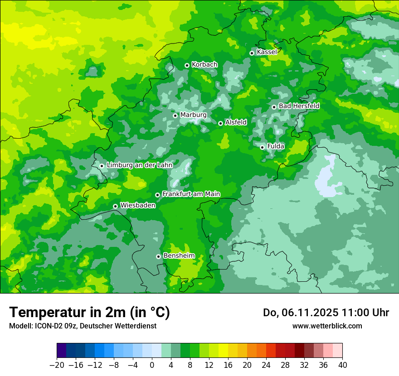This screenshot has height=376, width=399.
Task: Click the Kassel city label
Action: coord(267,52)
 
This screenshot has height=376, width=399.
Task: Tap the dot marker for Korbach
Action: coord(187,65)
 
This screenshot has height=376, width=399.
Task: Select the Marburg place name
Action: coord(193,115)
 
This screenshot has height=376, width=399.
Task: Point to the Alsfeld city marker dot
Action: coord(220,123)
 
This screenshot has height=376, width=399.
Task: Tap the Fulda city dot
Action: coord(262,147)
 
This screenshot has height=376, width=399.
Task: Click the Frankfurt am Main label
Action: coord(191,194)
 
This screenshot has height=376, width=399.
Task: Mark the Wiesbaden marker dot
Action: coord(115,206)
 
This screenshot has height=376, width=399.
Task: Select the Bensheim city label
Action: coord(179,255)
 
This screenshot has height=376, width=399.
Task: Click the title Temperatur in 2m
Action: coord(89,313)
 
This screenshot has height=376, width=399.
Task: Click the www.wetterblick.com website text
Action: coord(327,326)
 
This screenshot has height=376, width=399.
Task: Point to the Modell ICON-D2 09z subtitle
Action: coord(83,326)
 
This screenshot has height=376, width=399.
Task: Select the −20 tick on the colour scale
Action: coord(57,365)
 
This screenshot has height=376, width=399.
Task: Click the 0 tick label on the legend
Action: coord(152,365)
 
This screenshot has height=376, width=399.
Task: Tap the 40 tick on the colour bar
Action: coord(342,365)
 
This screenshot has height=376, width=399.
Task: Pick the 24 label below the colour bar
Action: coord(266,365)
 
